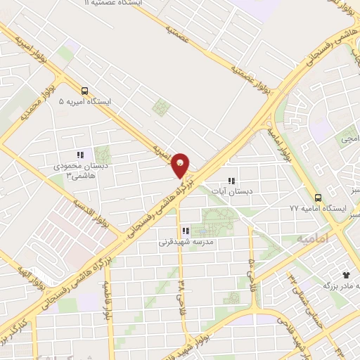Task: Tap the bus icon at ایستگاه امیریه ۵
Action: pos(84,91)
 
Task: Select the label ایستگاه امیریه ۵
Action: pos(89,102)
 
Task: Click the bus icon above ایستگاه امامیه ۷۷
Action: pos(318,198)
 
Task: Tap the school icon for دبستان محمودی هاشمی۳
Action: pos(81,155)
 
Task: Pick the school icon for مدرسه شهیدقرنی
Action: pos(186,231)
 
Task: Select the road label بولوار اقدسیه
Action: pos(90,212)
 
